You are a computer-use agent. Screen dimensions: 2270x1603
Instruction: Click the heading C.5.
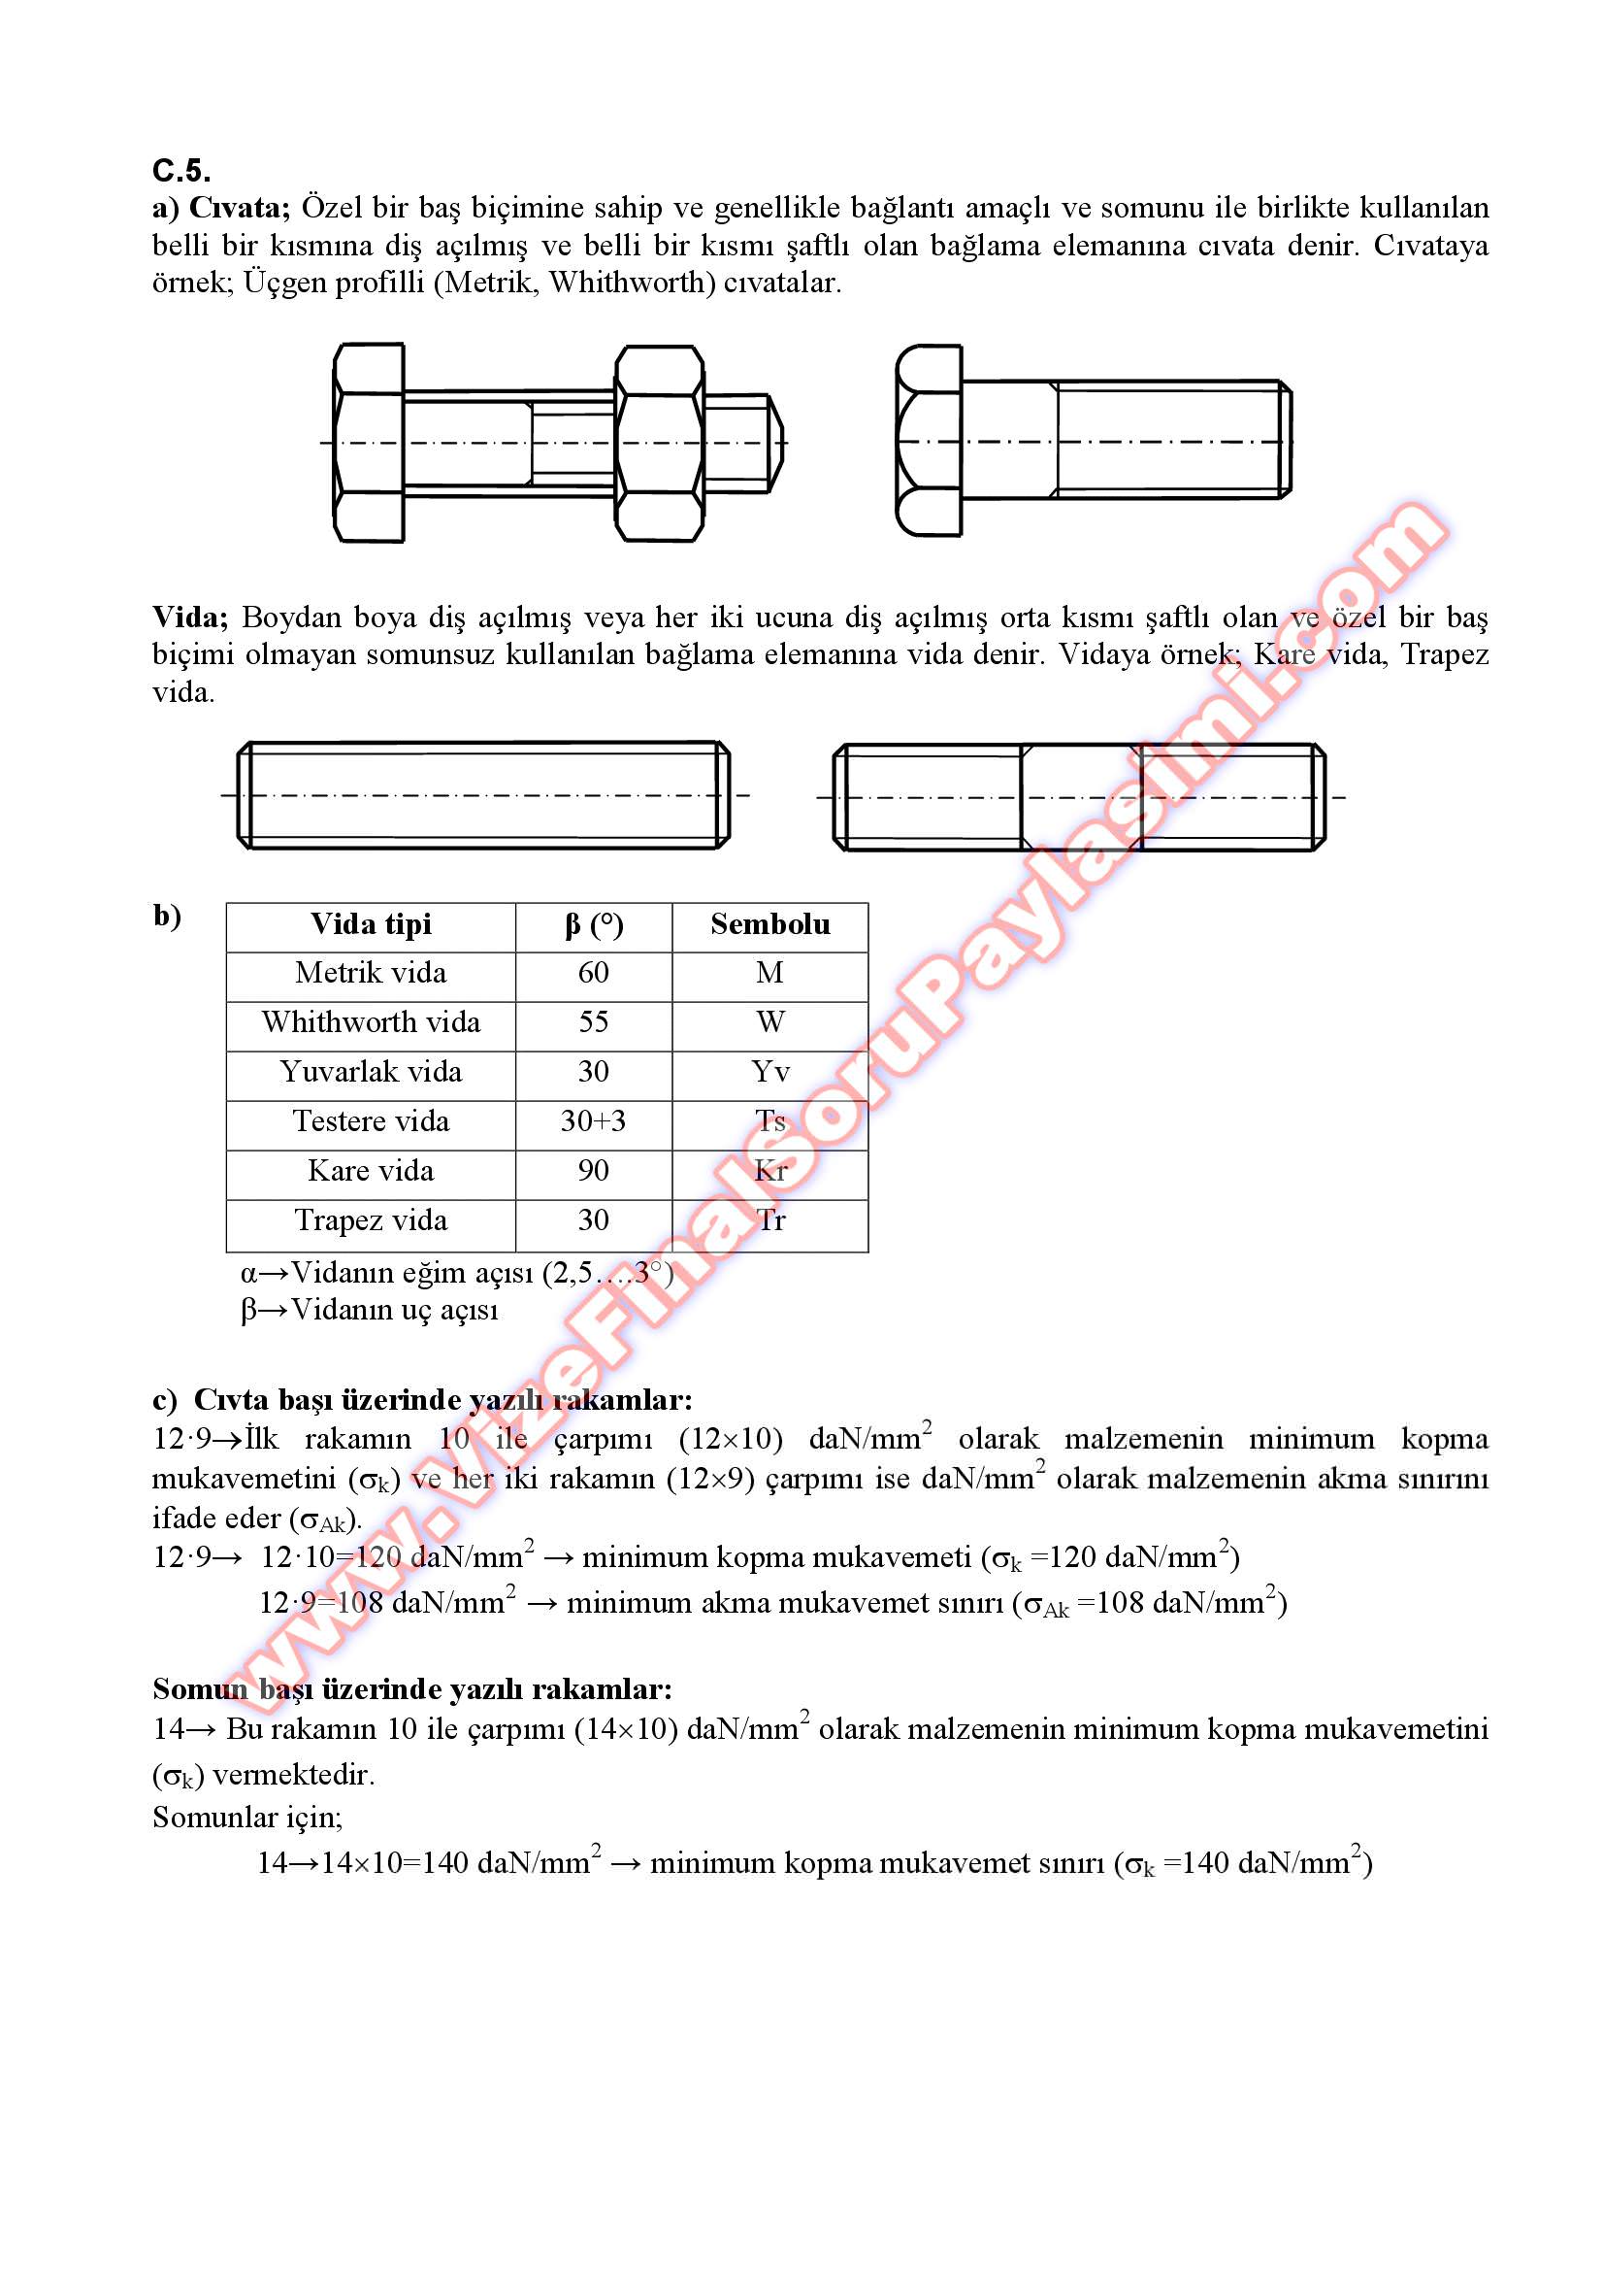pos(180,171)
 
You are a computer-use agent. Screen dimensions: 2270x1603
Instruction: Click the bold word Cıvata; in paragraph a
pos(238,208)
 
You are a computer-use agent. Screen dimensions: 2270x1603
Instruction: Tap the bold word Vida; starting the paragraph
pos(190,617)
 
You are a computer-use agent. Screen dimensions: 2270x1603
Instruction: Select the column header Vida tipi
pos(371,924)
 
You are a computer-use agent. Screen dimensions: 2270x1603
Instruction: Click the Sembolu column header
pos(769,924)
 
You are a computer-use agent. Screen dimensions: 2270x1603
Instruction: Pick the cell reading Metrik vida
pos(371,973)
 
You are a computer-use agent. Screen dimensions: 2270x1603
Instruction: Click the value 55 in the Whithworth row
pos(593,1022)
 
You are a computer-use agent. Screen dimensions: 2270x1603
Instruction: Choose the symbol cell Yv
pos(769,1072)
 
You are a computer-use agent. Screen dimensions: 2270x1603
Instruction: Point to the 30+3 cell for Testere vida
pos(593,1121)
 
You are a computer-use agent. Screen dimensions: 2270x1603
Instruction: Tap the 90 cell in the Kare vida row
pos(593,1171)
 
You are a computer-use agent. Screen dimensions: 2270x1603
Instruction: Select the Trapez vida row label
pos(371,1220)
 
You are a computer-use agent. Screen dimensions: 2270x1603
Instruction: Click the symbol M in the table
pos(769,973)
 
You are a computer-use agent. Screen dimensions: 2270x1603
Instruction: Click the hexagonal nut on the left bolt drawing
pos(659,443)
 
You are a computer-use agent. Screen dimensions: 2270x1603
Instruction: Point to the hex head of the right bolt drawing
pos(928,441)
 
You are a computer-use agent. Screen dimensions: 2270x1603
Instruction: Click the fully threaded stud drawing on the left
pos(483,795)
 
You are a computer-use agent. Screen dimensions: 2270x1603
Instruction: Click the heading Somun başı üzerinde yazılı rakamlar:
pos(412,1688)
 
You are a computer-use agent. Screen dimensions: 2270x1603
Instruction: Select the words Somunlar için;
pos(247,1818)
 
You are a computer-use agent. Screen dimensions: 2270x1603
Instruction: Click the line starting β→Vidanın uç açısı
pos(370,1310)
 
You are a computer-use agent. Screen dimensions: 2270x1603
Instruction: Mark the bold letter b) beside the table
pos(167,916)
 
